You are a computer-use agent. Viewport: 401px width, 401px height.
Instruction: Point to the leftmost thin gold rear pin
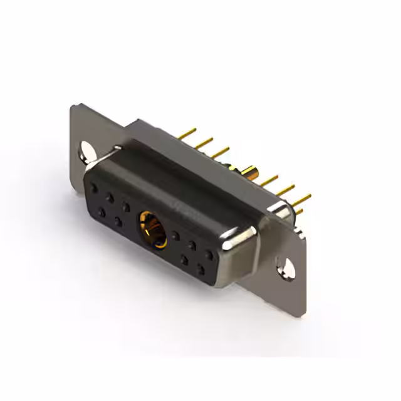pyautogui.click(x=186, y=135)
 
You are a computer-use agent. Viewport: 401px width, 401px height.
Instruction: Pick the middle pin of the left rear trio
pyautogui.click(x=202, y=143)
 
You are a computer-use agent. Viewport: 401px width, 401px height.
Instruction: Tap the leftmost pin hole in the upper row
pyautogui.click(x=94, y=187)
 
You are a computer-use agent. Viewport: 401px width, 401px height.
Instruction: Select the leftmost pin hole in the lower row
pyautogui.click(x=102, y=212)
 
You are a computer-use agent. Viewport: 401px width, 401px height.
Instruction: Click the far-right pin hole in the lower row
pyautogui.click(x=201, y=270)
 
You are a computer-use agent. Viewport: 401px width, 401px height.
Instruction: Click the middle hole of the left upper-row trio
pyautogui.click(x=110, y=197)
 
